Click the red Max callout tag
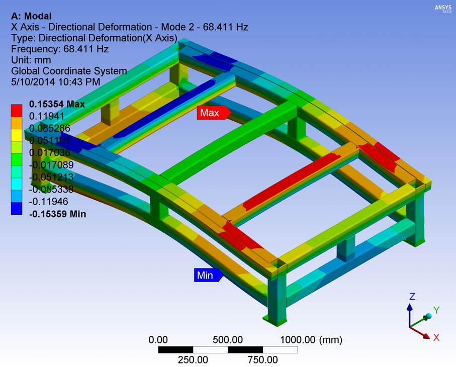click(214, 113)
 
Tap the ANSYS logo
click(443, 9)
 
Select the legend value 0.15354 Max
click(57, 104)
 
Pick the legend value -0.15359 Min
click(58, 214)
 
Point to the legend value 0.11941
click(47, 116)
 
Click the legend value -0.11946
click(49, 202)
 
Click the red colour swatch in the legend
click(17, 111)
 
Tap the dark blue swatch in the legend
click(17, 209)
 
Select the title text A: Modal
click(31, 16)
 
